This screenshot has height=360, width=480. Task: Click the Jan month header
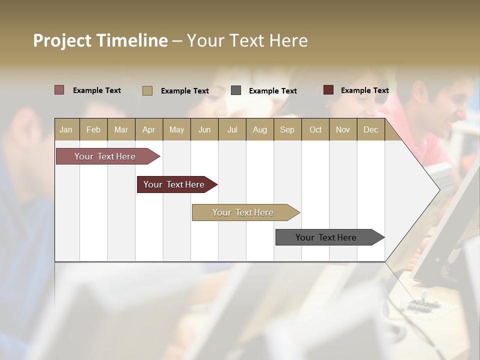[x=66, y=129]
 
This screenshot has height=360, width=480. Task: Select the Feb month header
[x=93, y=129]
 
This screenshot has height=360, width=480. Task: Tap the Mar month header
[x=121, y=129]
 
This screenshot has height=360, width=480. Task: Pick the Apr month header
[x=148, y=129]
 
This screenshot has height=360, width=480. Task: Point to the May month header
[x=176, y=129]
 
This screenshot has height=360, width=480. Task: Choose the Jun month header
[x=204, y=129]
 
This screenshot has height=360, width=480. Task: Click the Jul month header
[x=232, y=129]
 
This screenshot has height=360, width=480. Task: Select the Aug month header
[x=259, y=129]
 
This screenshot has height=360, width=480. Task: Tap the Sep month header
[x=287, y=129]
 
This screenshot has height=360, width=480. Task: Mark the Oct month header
[x=315, y=129]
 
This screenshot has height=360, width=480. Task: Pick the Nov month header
[x=342, y=129]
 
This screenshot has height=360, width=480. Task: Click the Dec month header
[x=370, y=129]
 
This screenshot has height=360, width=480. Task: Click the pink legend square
[x=59, y=90]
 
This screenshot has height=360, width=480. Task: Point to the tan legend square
[x=147, y=90]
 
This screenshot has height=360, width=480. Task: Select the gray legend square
[x=236, y=90]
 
